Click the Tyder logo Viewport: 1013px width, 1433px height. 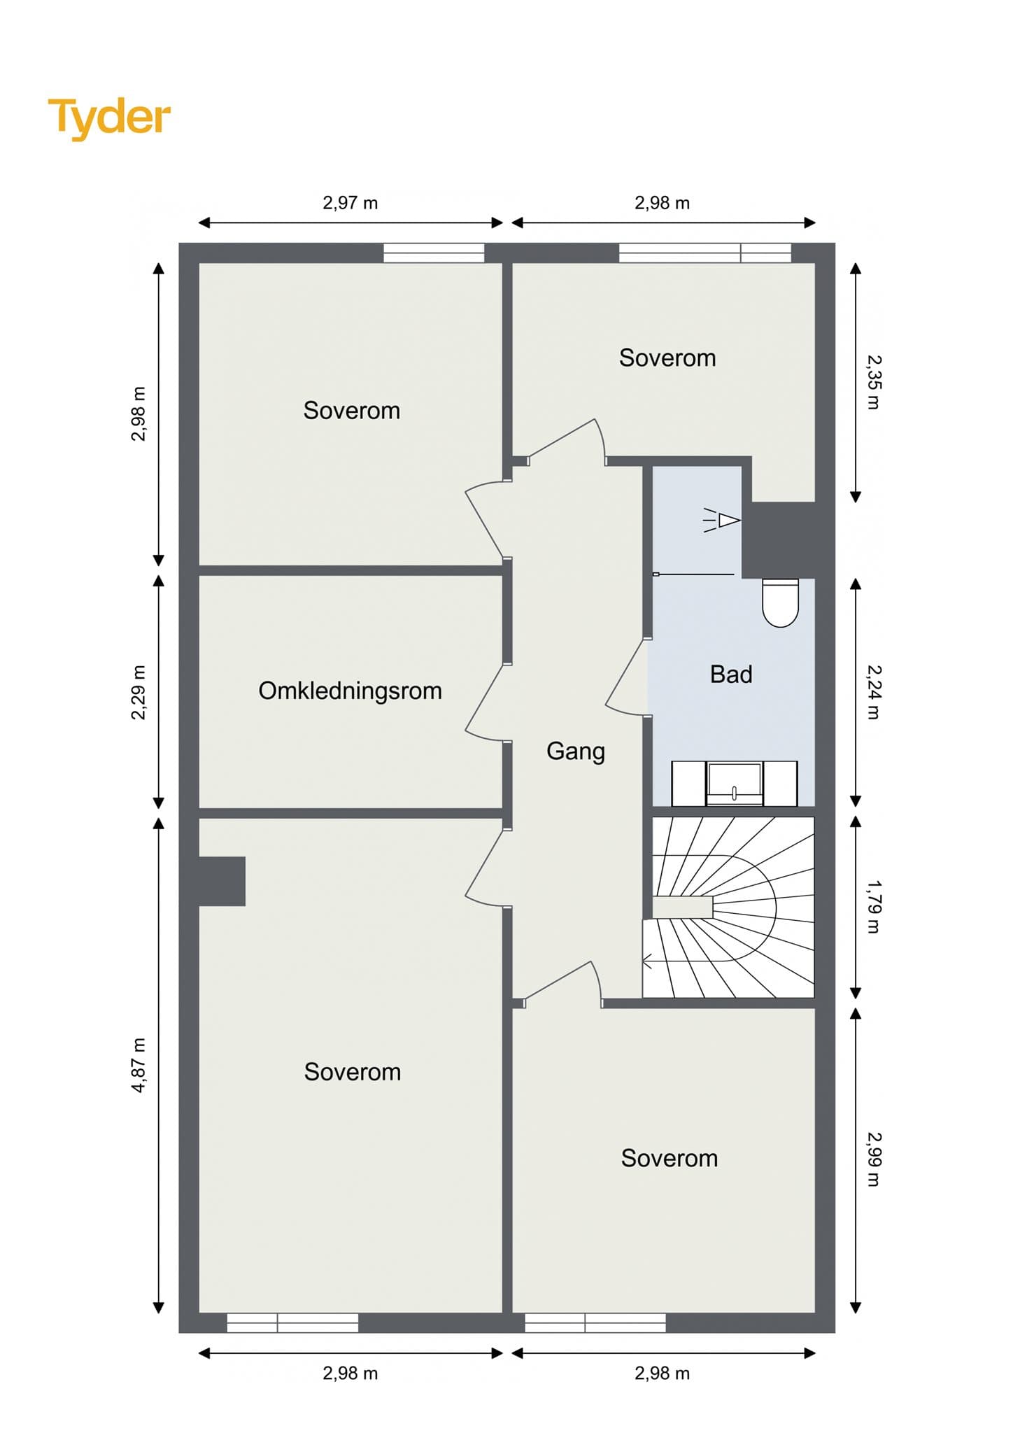tap(109, 118)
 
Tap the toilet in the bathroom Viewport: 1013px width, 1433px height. tap(780, 602)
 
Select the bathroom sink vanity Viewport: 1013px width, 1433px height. tap(735, 783)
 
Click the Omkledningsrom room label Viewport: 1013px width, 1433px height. tap(350, 691)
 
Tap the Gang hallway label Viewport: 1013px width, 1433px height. tap(576, 751)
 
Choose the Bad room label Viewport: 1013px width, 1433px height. tap(731, 674)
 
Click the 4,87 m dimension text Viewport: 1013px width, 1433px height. tap(139, 1065)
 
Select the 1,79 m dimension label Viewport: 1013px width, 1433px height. tap(874, 907)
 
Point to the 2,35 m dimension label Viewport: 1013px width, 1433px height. tap(874, 382)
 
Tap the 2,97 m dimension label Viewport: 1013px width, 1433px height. tap(350, 203)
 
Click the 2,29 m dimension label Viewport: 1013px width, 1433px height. tap(139, 692)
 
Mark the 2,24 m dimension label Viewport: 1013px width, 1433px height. tap(874, 691)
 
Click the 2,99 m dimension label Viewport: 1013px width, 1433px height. tap(874, 1159)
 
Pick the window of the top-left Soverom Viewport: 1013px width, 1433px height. tap(434, 253)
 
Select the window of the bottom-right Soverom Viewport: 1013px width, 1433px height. tap(595, 1322)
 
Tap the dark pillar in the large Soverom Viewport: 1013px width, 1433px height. tap(222, 881)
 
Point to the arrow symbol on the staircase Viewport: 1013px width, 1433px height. tap(647, 962)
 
